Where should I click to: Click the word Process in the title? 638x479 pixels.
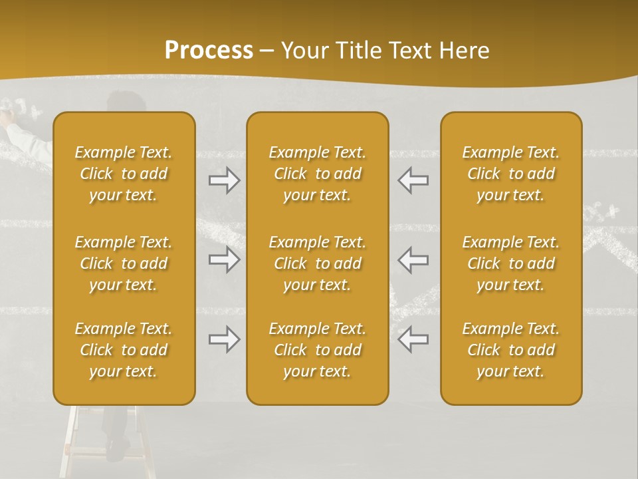[x=209, y=51]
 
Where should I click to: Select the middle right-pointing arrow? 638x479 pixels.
[x=224, y=260]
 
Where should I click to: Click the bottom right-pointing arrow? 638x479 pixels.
[x=224, y=339]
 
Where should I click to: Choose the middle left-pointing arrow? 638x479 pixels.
[x=413, y=260]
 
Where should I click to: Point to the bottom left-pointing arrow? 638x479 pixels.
[x=413, y=339]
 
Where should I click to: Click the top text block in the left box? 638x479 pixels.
[x=124, y=174]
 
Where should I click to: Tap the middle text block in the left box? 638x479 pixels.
[x=124, y=263]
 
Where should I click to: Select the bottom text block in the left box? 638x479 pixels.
[x=124, y=350]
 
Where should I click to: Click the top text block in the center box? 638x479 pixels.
[x=317, y=174]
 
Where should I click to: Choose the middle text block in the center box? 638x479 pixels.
[x=317, y=263]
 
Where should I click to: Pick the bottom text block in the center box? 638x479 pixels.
[x=317, y=350]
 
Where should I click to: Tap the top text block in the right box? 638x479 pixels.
[x=510, y=174]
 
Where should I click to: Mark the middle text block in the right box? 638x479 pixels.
[x=510, y=263]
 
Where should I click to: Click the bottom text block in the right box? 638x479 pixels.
[x=510, y=350]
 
